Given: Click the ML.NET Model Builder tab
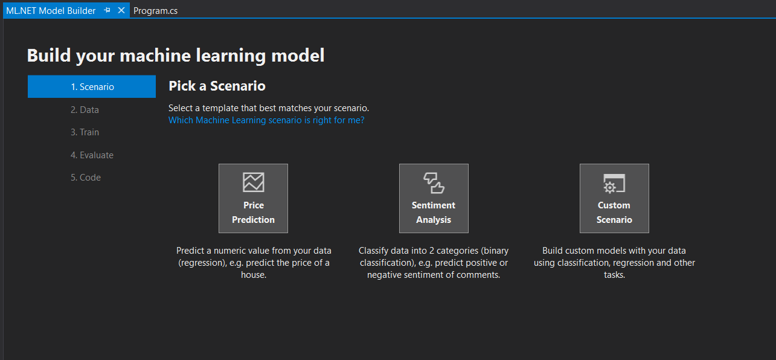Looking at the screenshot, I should [51, 11].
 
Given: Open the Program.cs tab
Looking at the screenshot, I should [155, 11].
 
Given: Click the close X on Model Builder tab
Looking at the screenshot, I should [121, 11].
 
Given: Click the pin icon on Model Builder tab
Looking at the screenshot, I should [107, 11].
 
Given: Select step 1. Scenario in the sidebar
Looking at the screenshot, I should [92, 87].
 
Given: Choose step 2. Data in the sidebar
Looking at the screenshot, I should [85, 110].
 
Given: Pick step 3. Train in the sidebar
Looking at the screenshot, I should [85, 132].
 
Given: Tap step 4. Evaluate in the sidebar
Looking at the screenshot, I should [92, 155].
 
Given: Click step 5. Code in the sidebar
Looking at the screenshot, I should [86, 178].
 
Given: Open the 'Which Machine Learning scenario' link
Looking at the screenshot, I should [266, 120].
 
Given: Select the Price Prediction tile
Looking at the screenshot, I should [253, 198].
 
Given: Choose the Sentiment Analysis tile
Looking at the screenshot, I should [434, 198].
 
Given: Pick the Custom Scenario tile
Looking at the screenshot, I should [614, 198].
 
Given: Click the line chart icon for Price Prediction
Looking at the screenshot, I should [254, 182].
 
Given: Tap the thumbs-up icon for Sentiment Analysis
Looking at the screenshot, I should [434, 182].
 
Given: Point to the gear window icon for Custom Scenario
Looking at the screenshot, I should [614, 183].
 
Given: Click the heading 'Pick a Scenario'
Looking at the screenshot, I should [217, 86].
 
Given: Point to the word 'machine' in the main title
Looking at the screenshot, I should [158, 56].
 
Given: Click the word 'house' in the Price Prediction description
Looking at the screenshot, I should [252, 275].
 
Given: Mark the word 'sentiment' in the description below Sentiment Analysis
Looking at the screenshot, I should [432, 275].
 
